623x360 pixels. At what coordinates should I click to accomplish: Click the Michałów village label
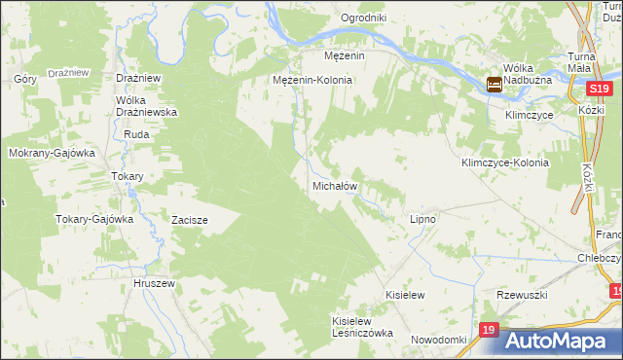(335, 185)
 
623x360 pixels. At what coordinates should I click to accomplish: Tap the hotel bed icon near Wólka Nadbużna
(495, 86)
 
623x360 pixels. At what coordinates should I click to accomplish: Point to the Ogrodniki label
(364, 18)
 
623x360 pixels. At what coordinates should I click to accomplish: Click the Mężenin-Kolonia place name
(312, 80)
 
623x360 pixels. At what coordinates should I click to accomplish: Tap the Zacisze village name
(190, 220)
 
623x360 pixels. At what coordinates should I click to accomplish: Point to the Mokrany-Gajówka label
(51, 153)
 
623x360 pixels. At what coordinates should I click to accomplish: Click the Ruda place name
(135, 134)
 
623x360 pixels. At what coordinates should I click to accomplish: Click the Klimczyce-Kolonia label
(505, 162)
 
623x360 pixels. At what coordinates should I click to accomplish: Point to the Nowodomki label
(439, 339)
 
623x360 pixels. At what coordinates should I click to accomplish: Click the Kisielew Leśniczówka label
(362, 326)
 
